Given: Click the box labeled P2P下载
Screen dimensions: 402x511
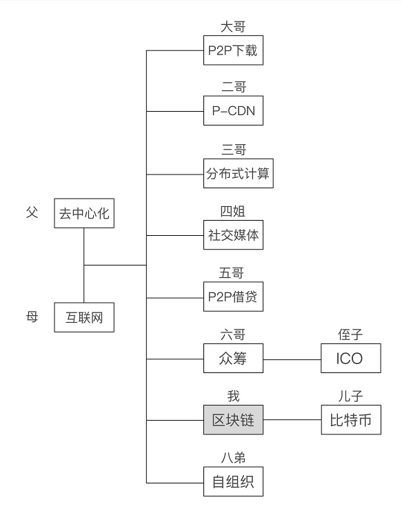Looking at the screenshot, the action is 233,50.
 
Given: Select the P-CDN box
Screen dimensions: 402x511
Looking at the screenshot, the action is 233,110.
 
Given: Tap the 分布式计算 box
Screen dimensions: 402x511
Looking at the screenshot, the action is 239,173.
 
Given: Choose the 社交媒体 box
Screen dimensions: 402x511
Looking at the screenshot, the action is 233,235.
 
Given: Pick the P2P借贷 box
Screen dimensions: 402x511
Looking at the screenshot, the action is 233,297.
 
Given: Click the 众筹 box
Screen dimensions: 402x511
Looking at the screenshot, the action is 233,358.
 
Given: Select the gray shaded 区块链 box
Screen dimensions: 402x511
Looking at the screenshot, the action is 233,420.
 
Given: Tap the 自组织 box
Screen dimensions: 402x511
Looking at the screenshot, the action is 233,481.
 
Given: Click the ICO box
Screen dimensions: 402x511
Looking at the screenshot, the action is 351,358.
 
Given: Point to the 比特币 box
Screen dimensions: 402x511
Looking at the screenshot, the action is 351,420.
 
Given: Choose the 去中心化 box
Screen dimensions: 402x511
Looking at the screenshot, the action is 84,213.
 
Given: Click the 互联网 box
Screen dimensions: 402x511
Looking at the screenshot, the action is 84,317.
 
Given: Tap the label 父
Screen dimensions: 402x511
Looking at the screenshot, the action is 32,213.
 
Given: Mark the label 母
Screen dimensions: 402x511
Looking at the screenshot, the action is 32,317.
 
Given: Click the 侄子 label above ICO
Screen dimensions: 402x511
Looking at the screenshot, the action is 350,334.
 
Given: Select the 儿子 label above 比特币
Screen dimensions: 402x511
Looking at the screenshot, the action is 350,397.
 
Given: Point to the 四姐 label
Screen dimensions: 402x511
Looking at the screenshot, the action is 232,212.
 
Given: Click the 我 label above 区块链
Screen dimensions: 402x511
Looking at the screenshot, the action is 233,397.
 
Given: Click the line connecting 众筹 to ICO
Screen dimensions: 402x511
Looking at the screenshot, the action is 292,359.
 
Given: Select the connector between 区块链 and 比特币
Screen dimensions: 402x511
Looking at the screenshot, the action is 292,420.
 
